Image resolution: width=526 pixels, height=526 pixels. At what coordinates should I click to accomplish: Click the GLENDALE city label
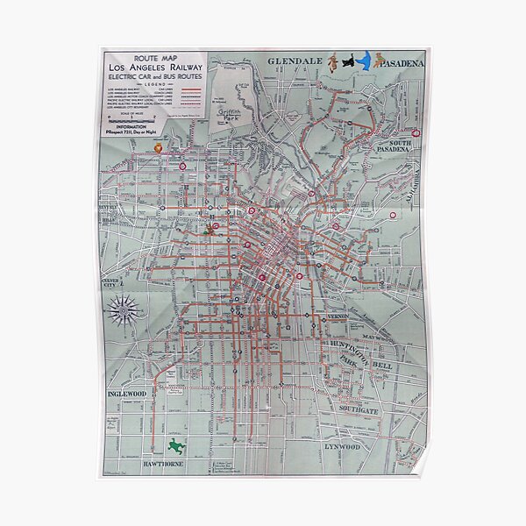[x=293, y=62]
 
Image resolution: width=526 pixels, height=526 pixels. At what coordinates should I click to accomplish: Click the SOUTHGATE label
[x=361, y=409]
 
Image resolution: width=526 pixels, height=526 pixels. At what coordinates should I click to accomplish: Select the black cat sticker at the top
[x=349, y=62]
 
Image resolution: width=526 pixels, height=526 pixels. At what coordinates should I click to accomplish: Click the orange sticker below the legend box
[x=159, y=150]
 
